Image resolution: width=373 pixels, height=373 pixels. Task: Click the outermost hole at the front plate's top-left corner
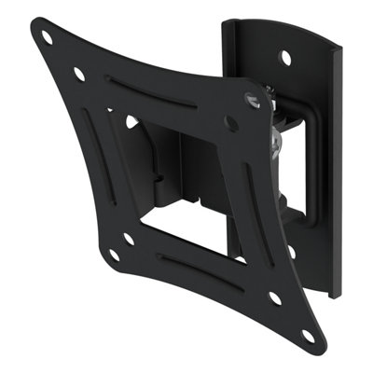[45, 37]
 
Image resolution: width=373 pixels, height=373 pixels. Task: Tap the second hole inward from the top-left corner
[78, 72]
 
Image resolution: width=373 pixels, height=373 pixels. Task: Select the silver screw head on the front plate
[250, 97]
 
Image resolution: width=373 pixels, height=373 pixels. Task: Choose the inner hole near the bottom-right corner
[275, 299]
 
